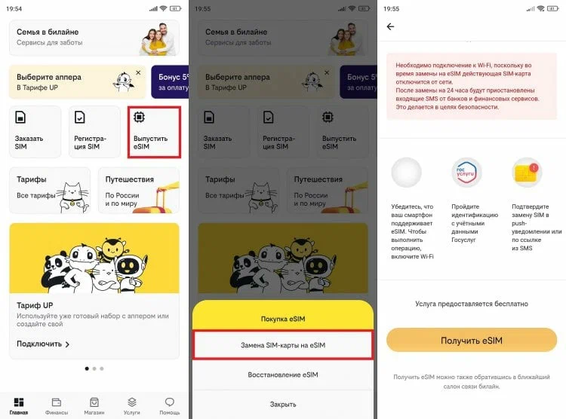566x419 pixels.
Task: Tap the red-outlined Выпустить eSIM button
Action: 155,132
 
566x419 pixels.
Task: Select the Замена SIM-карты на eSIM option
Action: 283,344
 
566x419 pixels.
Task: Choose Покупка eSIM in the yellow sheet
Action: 283,319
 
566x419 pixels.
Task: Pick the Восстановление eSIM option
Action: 283,375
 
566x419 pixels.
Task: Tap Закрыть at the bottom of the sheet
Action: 283,404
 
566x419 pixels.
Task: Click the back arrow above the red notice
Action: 390,26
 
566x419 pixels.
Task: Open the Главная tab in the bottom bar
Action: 19,405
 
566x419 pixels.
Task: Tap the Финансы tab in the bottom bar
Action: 57,405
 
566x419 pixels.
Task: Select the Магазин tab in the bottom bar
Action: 94,405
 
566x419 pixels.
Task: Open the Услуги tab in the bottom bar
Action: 131,405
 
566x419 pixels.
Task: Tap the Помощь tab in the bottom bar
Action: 169,405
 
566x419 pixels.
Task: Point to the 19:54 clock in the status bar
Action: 14,8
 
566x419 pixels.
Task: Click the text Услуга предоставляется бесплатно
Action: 471,304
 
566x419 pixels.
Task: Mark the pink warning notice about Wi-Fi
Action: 471,86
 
